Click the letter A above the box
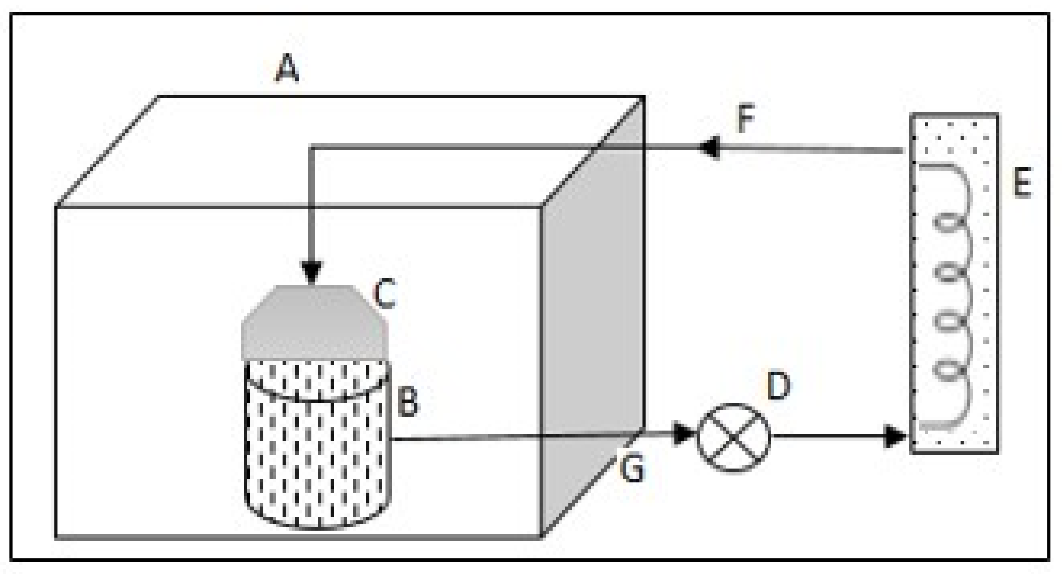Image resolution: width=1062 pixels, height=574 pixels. (287, 69)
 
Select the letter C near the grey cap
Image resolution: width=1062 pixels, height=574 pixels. (384, 294)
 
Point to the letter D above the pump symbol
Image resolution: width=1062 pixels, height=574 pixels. (779, 386)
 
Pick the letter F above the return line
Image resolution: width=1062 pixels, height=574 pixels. (745, 119)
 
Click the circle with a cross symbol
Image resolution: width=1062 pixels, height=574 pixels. (733, 437)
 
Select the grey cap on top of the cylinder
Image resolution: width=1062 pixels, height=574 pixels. (314, 326)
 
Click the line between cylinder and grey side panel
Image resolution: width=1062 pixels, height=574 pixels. (466, 438)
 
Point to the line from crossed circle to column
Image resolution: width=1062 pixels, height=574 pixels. (829, 436)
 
